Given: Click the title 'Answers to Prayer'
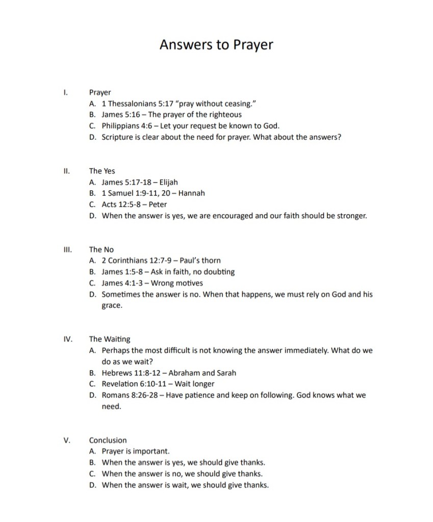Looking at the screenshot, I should pyautogui.click(x=216, y=45).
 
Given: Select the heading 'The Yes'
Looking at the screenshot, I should pyautogui.click(x=102, y=171).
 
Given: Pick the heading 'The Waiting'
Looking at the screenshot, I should pyautogui.click(x=110, y=339).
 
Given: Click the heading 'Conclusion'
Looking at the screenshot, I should pyautogui.click(x=108, y=440).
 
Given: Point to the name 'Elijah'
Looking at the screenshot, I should pyautogui.click(x=168, y=182).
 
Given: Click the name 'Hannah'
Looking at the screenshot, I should pyautogui.click(x=192, y=194).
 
